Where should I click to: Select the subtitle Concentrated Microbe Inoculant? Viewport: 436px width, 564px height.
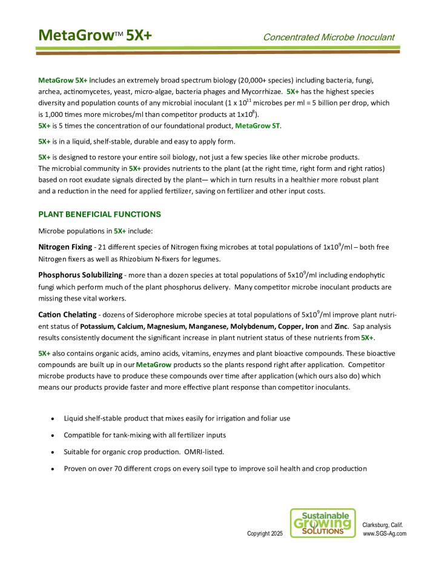[328, 38]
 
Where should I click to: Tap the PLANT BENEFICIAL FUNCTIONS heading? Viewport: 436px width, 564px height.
[100, 214]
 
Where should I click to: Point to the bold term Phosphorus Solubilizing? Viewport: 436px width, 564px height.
[79, 275]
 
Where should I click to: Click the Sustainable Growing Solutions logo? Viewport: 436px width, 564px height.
[323, 523]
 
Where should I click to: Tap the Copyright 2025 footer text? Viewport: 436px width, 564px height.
[265, 534]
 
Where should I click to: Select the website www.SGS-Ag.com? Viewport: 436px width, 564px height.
[385, 534]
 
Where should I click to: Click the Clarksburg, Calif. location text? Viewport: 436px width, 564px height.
[383, 524]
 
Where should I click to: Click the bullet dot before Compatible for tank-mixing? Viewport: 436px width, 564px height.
[54, 436]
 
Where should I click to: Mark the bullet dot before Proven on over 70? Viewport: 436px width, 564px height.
[54, 469]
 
